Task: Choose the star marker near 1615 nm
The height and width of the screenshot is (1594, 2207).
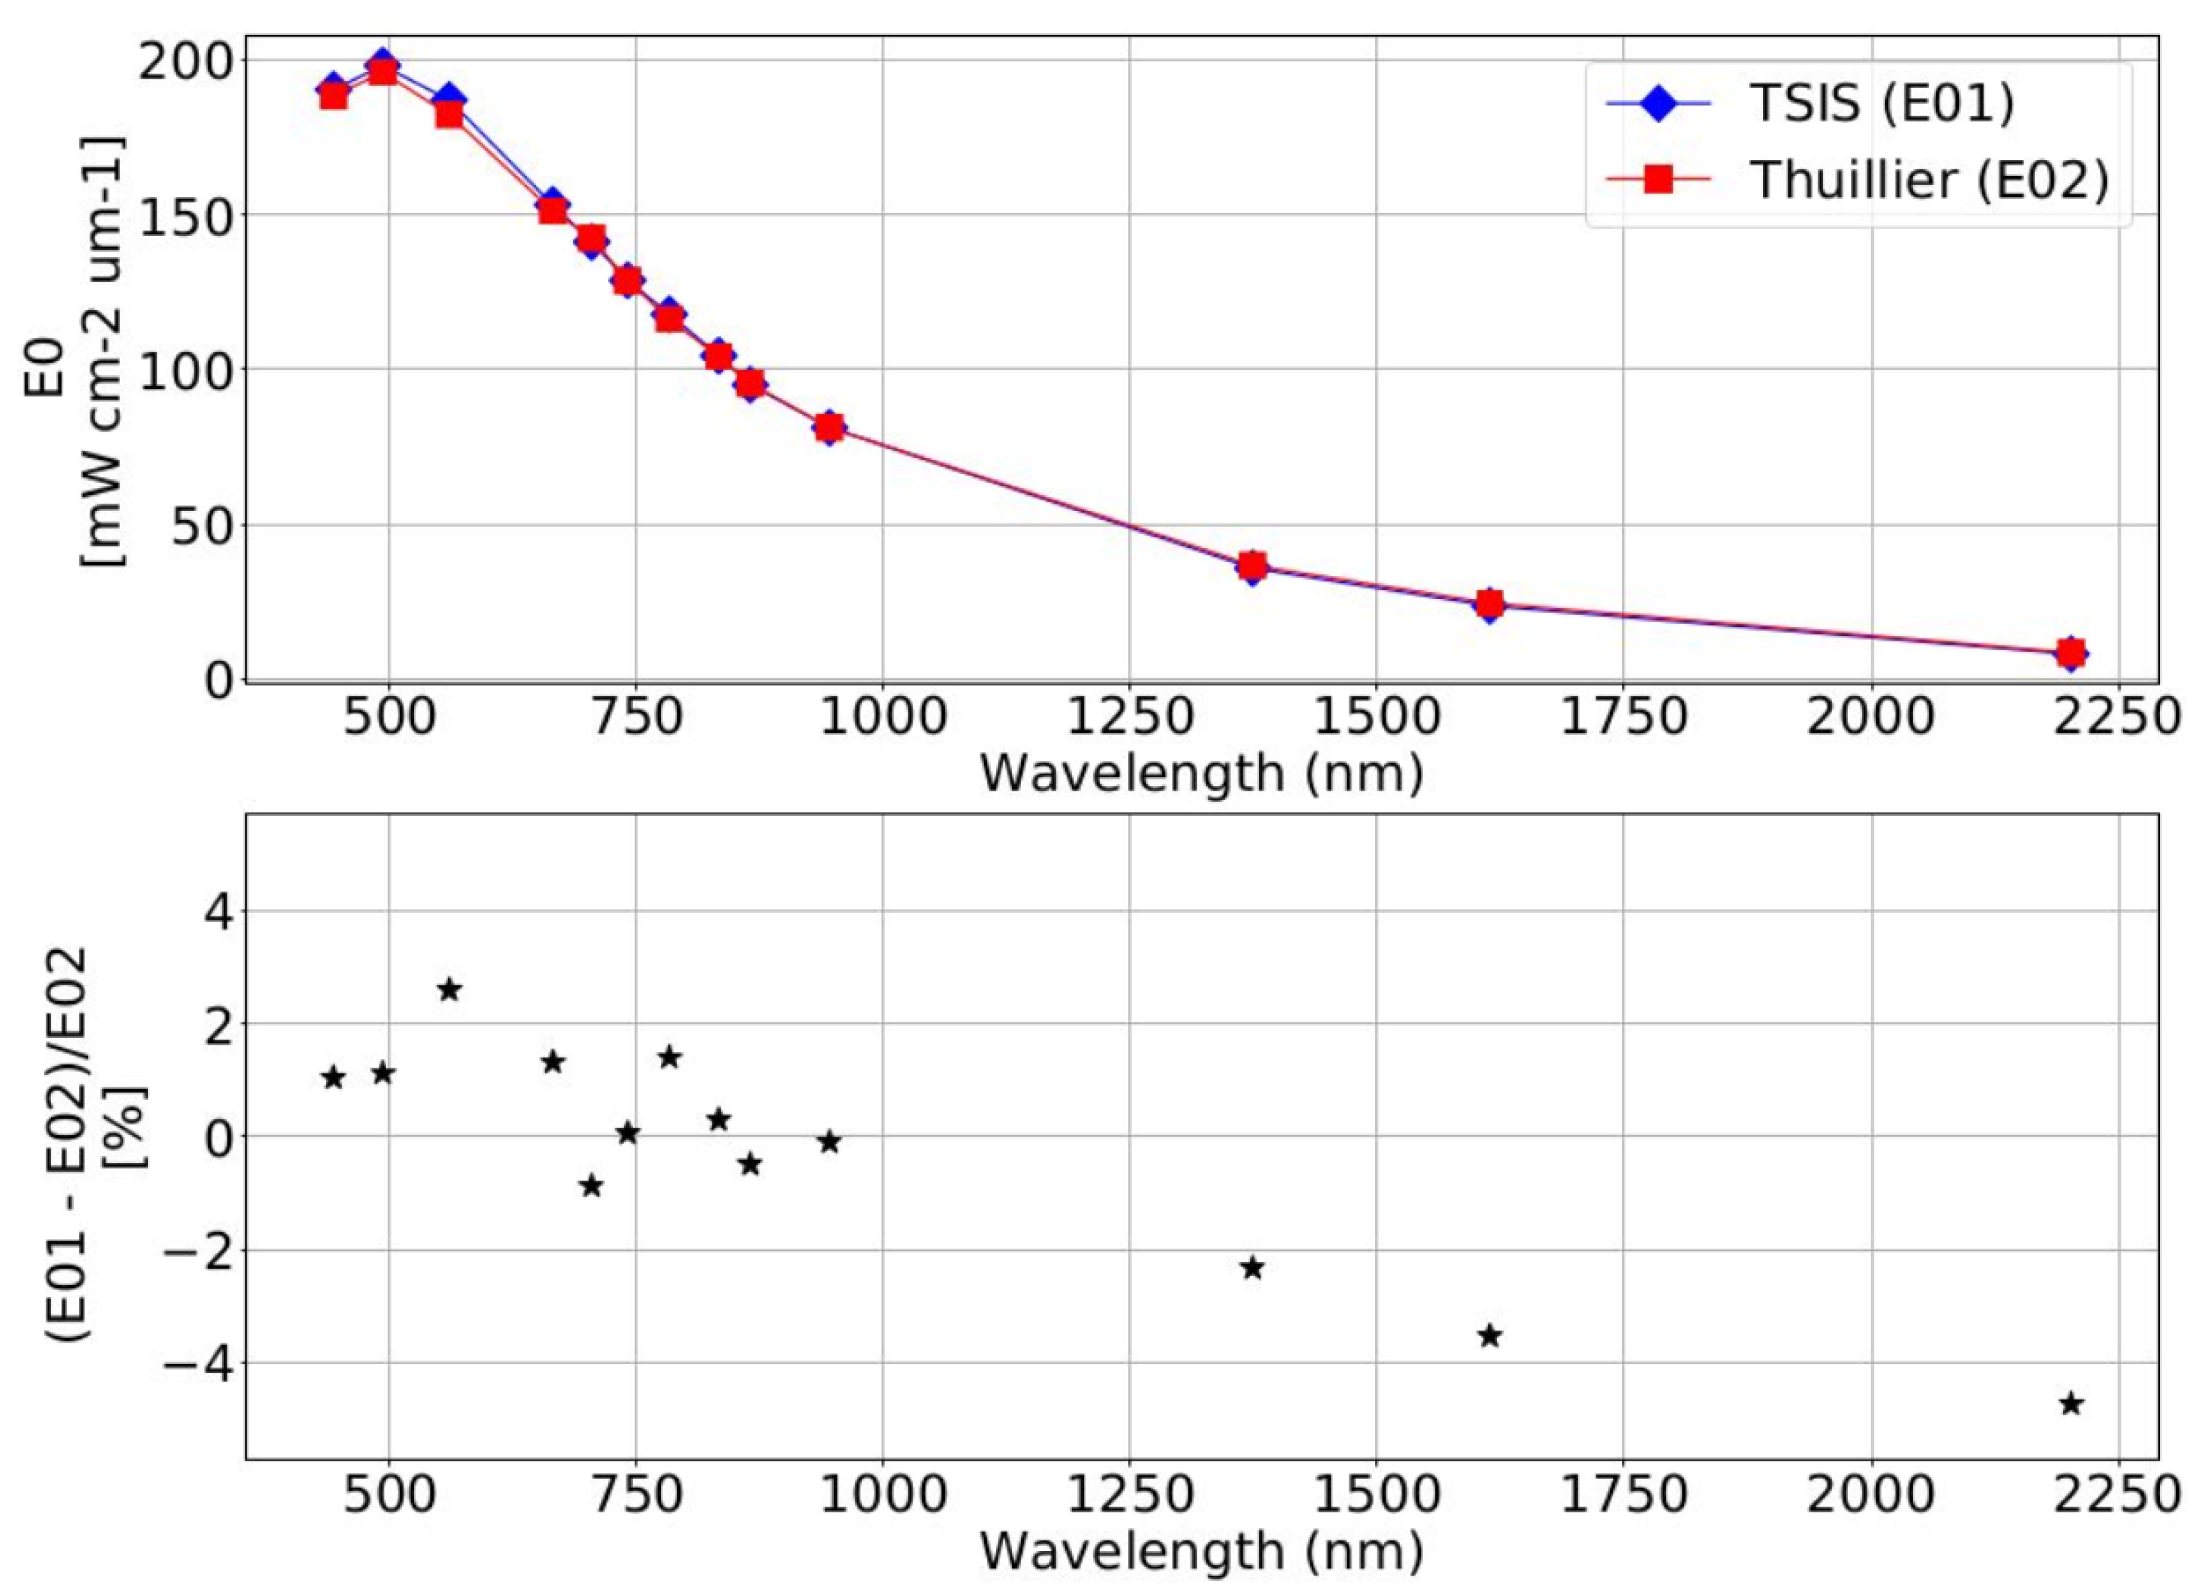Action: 1489,1336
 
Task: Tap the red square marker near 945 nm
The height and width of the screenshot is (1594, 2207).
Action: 829,427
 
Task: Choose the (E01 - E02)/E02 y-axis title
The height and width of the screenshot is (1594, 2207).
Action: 92,1146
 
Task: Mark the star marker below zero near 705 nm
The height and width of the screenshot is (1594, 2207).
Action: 590,1186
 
